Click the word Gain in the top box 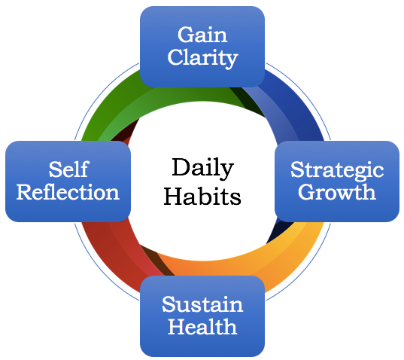(x=202, y=35)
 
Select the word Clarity (x=202, y=59)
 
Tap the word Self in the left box (x=68, y=169)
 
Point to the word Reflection (x=68, y=192)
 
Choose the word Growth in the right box (x=337, y=192)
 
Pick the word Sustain (x=202, y=304)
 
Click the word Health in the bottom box (x=202, y=326)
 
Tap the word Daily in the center (x=202, y=169)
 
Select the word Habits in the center (x=202, y=196)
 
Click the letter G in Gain (x=186, y=35)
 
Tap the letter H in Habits (x=175, y=197)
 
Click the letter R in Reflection (x=26, y=192)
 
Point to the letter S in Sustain (x=169, y=304)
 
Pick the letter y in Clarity (x=230, y=60)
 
